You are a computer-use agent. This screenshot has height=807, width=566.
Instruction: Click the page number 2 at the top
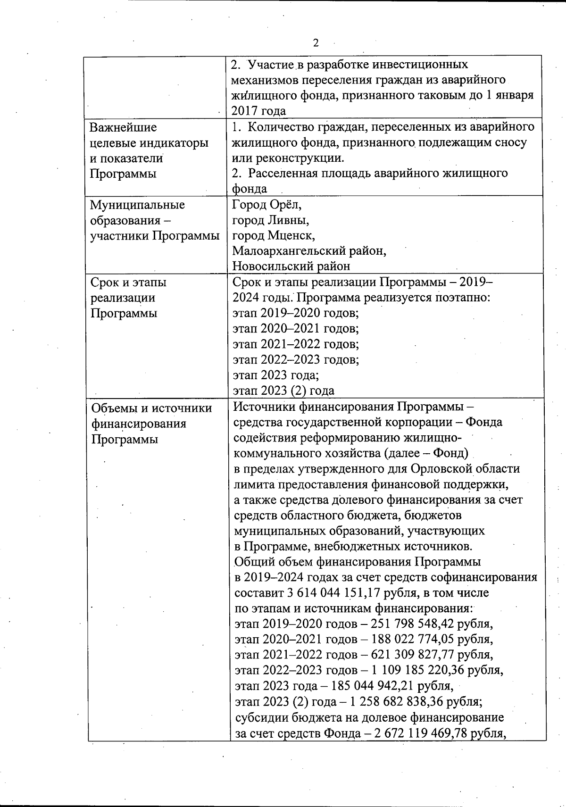(316, 43)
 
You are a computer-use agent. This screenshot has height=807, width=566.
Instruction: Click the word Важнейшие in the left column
(123, 127)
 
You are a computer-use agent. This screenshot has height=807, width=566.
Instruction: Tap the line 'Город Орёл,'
(267, 205)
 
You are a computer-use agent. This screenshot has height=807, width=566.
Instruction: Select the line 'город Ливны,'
(271, 220)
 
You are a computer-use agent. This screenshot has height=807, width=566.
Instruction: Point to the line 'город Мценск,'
(274, 235)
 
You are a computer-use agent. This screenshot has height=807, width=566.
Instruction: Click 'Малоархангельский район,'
(309, 251)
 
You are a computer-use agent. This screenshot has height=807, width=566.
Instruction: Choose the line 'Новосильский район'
(291, 266)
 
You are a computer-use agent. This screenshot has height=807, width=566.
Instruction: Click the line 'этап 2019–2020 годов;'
(296, 313)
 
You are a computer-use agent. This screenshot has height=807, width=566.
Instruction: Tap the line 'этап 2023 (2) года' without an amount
(284, 391)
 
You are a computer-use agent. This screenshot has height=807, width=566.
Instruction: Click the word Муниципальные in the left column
(137, 205)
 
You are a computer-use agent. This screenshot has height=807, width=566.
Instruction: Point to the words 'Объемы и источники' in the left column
(151, 408)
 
